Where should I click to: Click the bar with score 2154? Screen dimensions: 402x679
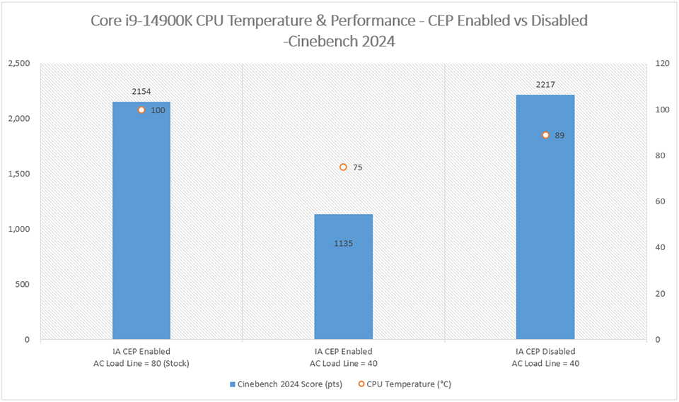point(141,226)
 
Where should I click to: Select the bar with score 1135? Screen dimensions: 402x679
point(343,283)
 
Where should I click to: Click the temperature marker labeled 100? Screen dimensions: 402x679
point(141,110)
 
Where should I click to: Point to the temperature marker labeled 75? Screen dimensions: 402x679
point(343,167)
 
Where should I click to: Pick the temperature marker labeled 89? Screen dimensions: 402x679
point(545,135)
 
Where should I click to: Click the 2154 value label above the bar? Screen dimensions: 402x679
point(141,92)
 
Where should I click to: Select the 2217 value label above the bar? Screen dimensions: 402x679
point(545,85)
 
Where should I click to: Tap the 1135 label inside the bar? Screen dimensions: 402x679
point(343,244)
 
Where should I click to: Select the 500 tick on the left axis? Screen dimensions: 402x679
point(22,285)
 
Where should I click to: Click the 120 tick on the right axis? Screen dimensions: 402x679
point(663,64)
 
